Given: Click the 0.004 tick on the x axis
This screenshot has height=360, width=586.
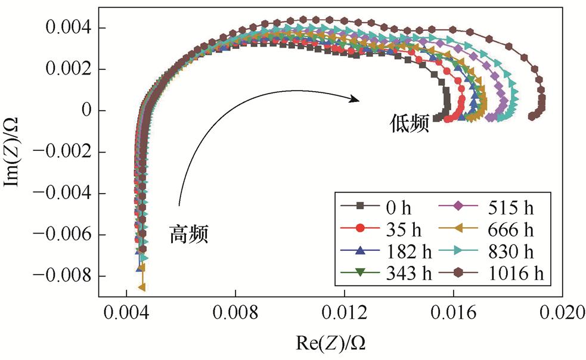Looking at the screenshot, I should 126,312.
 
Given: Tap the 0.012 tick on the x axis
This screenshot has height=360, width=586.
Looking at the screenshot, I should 344,312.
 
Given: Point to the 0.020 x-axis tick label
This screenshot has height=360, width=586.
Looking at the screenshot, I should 562,312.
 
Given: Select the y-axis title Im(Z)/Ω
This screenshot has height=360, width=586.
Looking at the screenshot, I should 15,151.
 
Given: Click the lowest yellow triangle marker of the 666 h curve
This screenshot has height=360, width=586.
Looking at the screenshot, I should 142,287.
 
